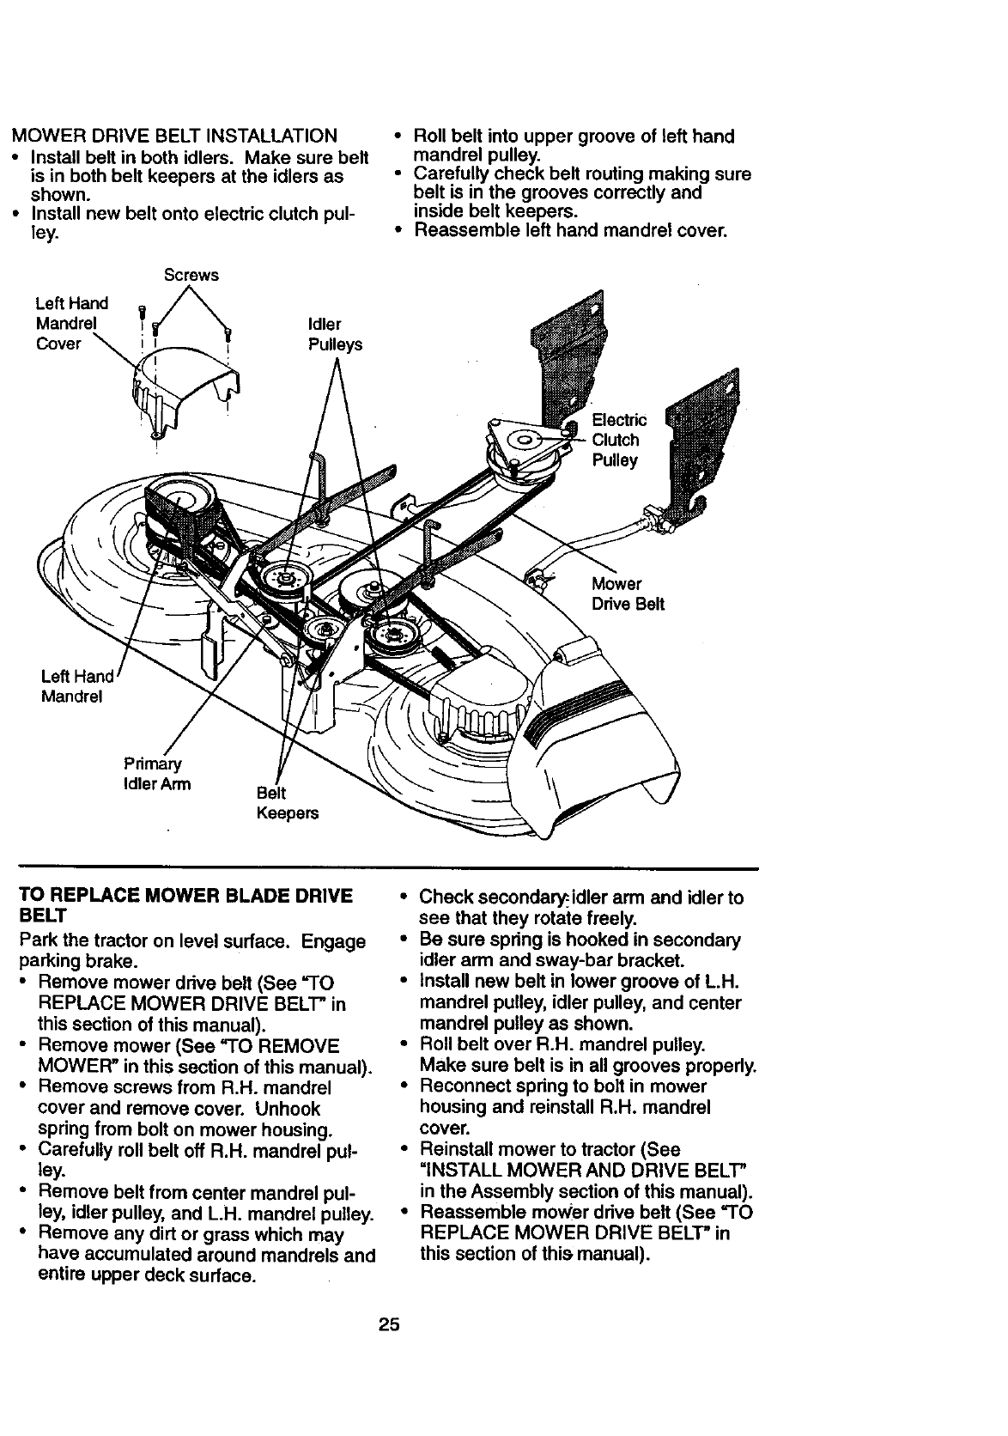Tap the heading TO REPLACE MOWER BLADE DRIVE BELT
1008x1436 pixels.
point(185,907)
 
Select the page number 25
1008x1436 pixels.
point(389,1323)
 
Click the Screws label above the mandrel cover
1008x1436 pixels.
point(191,275)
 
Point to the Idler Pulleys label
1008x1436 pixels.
point(335,334)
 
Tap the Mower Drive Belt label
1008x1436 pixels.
point(628,594)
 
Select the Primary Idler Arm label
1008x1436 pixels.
point(157,774)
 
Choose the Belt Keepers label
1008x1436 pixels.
point(287,802)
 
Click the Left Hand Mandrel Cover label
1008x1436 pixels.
point(71,324)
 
